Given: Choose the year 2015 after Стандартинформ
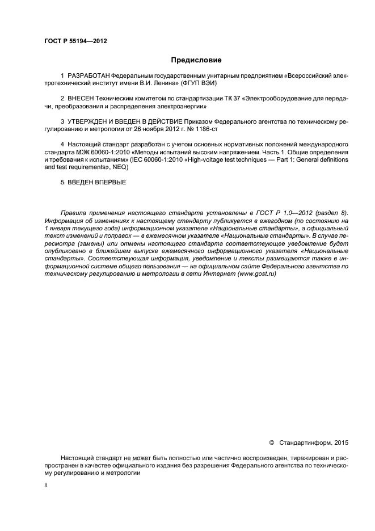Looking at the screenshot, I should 341,442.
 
